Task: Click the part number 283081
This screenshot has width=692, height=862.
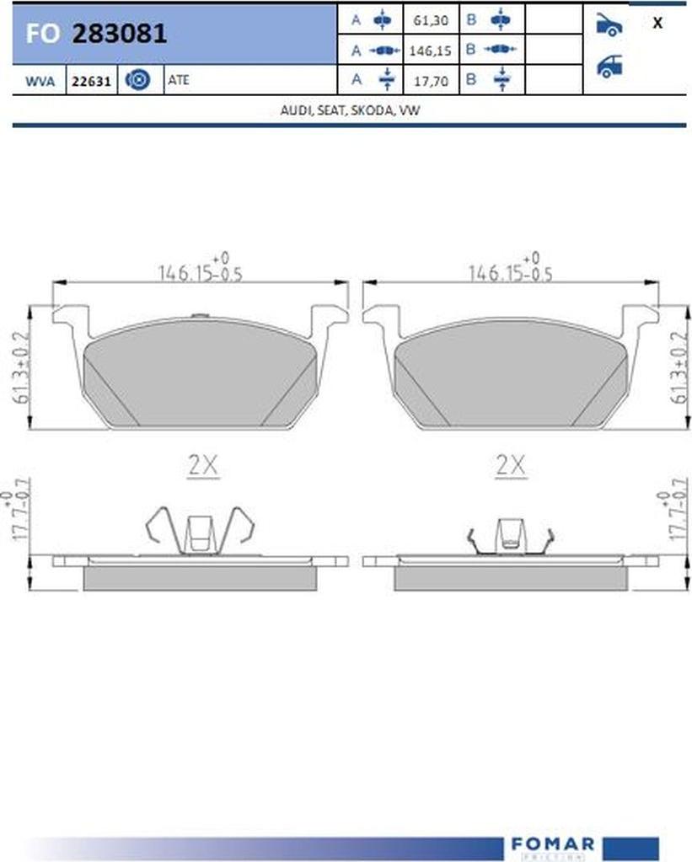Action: pyautogui.click(x=120, y=34)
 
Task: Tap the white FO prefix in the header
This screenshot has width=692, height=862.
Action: pyautogui.click(x=42, y=34)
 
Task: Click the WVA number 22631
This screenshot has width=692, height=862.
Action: pyautogui.click(x=91, y=82)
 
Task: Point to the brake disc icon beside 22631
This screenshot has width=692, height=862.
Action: pyautogui.click(x=137, y=80)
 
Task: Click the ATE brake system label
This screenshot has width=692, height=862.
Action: pyautogui.click(x=178, y=80)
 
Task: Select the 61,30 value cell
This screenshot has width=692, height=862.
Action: pyautogui.click(x=431, y=20)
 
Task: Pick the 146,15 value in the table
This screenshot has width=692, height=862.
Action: pyautogui.click(x=430, y=51)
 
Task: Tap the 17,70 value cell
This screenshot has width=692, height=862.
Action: pyautogui.click(x=431, y=81)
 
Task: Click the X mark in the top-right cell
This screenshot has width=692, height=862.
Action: pyautogui.click(x=657, y=23)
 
